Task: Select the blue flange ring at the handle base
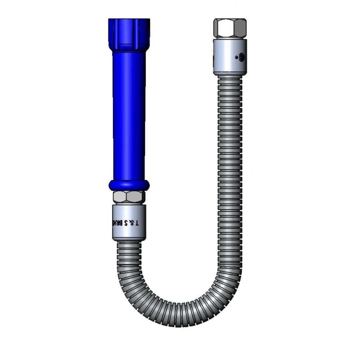128,184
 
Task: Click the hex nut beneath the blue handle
128,197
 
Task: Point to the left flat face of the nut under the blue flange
118,197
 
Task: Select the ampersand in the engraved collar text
133,223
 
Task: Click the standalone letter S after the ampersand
127,223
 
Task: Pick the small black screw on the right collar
239,58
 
